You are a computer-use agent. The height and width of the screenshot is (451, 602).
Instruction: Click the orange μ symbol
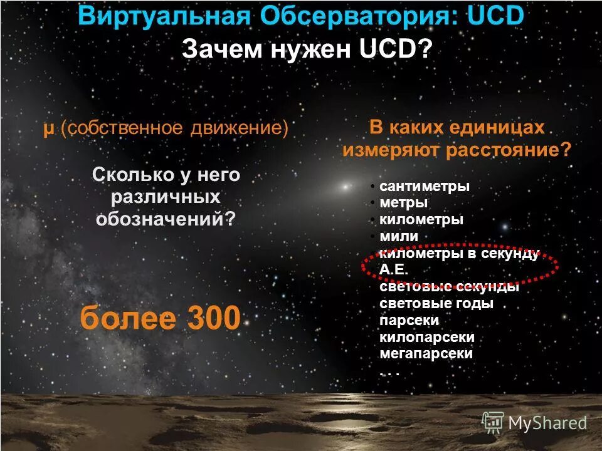point(48,128)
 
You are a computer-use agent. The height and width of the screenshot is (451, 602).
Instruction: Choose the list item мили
point(398,236)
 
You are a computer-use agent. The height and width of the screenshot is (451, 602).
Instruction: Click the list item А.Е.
point(394,269)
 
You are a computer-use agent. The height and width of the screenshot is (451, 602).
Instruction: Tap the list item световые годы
point(436,304)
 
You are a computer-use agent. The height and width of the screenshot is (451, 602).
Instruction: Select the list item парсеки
point(409,320)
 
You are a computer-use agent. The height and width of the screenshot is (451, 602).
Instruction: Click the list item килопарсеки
point(427,337)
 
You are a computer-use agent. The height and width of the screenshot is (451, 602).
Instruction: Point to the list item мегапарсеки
point(426,353)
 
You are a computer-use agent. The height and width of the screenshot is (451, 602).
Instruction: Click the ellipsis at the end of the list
point(389,371)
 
